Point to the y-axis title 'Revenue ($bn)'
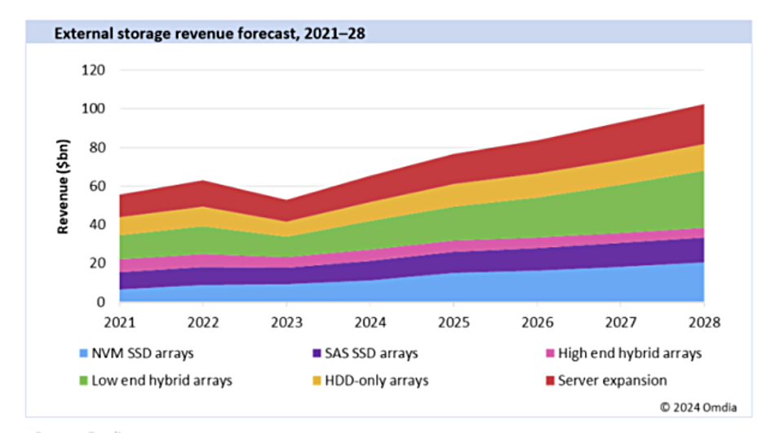point(63,187)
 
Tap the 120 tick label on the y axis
point(95,70)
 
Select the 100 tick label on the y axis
point(95,109)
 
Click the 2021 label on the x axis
point(120,322)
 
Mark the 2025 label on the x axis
point(454,322)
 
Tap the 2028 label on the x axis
point(703,322)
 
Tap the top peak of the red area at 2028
point(703,105)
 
